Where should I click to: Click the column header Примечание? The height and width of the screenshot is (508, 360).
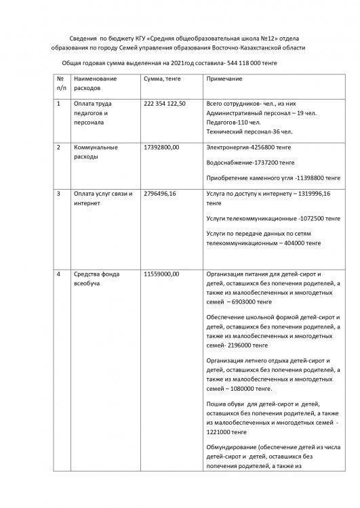(x=224, y=80)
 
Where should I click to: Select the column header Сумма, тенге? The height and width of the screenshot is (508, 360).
(x=163, y=80)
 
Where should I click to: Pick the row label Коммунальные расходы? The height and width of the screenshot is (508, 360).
(x=96, y=152)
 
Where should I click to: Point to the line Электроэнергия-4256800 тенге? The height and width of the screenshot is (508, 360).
(x=250, y=147)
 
